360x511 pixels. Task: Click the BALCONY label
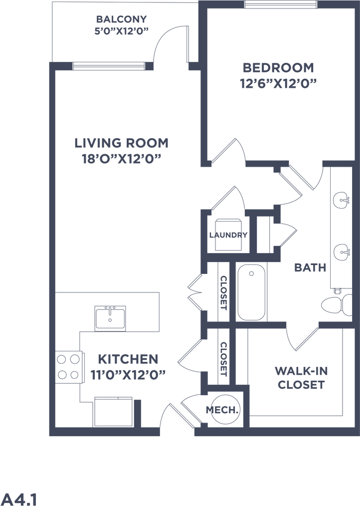point(121,19)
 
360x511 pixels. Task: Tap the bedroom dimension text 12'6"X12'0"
point(278,84)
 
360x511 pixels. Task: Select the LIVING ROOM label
point(121,143)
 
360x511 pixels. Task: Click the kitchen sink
point(110,318)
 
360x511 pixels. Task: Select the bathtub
point(251,292)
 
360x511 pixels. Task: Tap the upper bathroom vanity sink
point(342,199)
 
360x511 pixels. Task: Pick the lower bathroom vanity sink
point(342,252)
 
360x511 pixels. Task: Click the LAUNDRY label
point(228,235)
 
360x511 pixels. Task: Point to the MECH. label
point(222,410)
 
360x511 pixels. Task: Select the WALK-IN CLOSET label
point(301,378)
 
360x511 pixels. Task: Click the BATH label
point(310,267)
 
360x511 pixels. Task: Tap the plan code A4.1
point(19,500)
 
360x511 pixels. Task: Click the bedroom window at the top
point(280,4)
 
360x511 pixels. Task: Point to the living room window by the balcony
point(109,66)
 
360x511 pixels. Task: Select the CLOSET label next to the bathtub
point(224,292)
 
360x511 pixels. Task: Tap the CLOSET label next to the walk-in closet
point(224,359)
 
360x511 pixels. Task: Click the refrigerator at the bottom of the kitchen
point(113,412)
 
